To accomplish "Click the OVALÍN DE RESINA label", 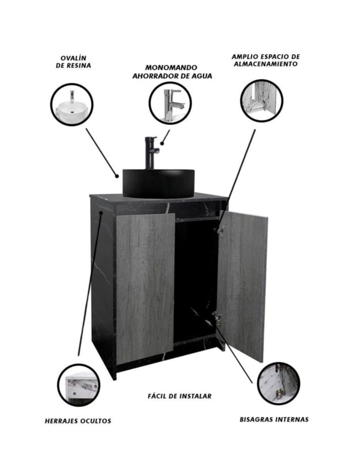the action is pyautogui.click(x=73, y=62).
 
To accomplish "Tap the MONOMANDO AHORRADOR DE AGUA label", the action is pyautogui.click(x=172, y=72).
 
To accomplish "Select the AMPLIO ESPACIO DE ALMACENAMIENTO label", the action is pyautogui.click(x=266, y=60).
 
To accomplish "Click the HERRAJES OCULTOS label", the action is pyautogui.click(x=78, y=421).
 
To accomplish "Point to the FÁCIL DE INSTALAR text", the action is pyautogui.click(x=180, y=396).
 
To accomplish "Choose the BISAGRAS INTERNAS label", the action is pyautogui.click(x=274, y=419).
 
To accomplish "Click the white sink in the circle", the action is pyautogui.click(x=72, y=108).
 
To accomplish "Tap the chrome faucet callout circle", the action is pyautogui.click(x=170, y=103).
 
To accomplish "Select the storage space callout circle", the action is pyautogui.click(x=261, y=100).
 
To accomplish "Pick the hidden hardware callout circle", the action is pyautogui.click(x=79, y=385).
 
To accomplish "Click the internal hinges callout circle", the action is pyautogui.click(x=279, y=384).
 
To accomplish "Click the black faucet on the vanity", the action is pyautogui.click(x=151, y=153).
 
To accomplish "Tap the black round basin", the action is pyautogui.click(x=159, y=183).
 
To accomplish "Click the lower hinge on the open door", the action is pyautogui.click(x=217, y=319).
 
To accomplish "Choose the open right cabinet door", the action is pyautogui.click(x=242, y=286).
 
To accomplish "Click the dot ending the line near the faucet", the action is pyautogui.click(x=162, y=144).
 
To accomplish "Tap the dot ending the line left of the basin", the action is pyautogui.click(x=117, y=176).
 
